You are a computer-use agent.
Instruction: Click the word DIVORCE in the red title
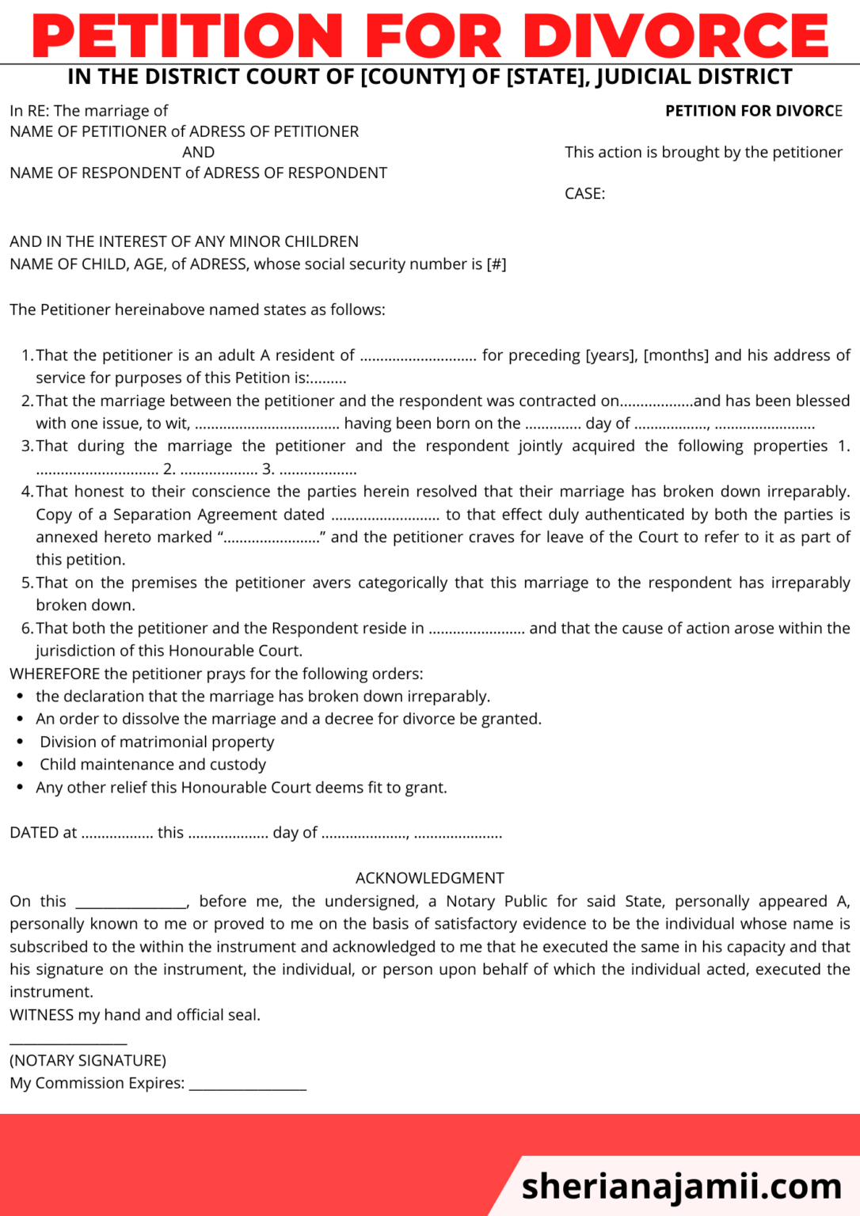(x=675, y=36)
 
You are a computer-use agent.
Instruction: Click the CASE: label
(x=584, y=194)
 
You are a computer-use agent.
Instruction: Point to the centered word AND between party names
(x=198, y=152)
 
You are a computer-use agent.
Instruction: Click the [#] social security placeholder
(x=497, y=264)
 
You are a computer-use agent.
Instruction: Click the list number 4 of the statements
(x=27, y=492)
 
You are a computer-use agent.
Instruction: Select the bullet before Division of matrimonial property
(x=21, y=743)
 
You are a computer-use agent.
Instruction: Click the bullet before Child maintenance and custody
(x=21, y=765)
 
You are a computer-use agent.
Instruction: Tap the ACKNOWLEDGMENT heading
(x=429, y=878)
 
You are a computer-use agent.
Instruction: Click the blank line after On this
(x=131, y=902)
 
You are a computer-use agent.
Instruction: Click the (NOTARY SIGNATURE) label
(x=88, y=1061)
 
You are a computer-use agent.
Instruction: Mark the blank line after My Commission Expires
(x=247, y=1085)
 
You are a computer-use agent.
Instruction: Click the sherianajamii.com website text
(x=681, y=1186)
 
